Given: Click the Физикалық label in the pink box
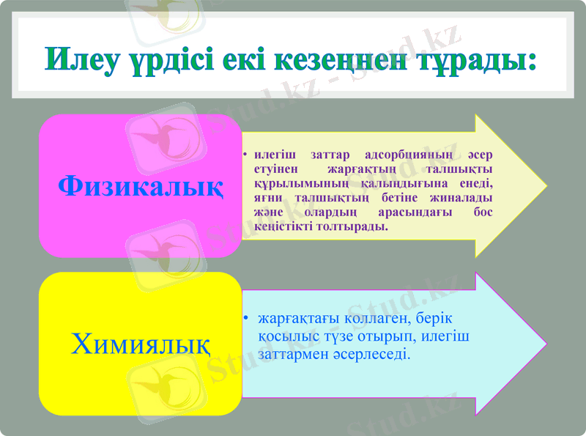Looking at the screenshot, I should click(141, 185).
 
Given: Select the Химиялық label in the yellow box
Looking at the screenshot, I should click(140, 343).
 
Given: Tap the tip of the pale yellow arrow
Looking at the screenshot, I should click(545, 185).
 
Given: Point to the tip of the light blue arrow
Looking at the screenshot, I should click(545, 344).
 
